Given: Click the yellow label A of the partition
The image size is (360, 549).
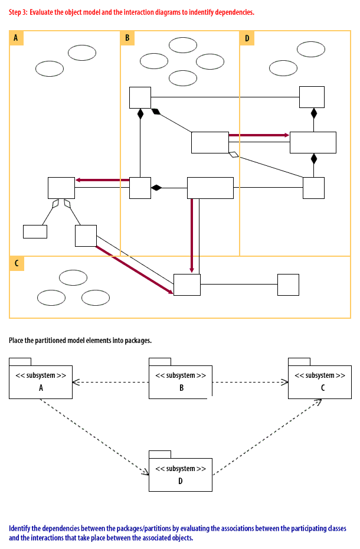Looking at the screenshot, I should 16,38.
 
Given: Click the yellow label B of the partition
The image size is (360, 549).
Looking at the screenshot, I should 127,38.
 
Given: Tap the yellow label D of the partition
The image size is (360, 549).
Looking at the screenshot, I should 247,38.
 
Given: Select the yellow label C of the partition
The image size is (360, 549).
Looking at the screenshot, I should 17,263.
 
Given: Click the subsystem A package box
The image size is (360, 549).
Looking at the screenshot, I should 41,382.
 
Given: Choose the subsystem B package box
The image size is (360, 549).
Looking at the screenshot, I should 181,382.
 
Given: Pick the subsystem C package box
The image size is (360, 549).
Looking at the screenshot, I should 319,382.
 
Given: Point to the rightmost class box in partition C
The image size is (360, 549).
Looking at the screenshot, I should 288,285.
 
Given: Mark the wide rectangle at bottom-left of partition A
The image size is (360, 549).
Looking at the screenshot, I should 35,231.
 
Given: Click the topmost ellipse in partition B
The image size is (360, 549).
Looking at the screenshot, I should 183,45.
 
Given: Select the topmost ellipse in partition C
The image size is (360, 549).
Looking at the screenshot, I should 73,277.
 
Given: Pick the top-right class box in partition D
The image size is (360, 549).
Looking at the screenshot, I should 312,97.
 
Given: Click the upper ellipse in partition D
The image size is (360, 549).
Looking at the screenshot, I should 311,49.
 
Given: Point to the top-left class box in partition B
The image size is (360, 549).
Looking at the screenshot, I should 140,97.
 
